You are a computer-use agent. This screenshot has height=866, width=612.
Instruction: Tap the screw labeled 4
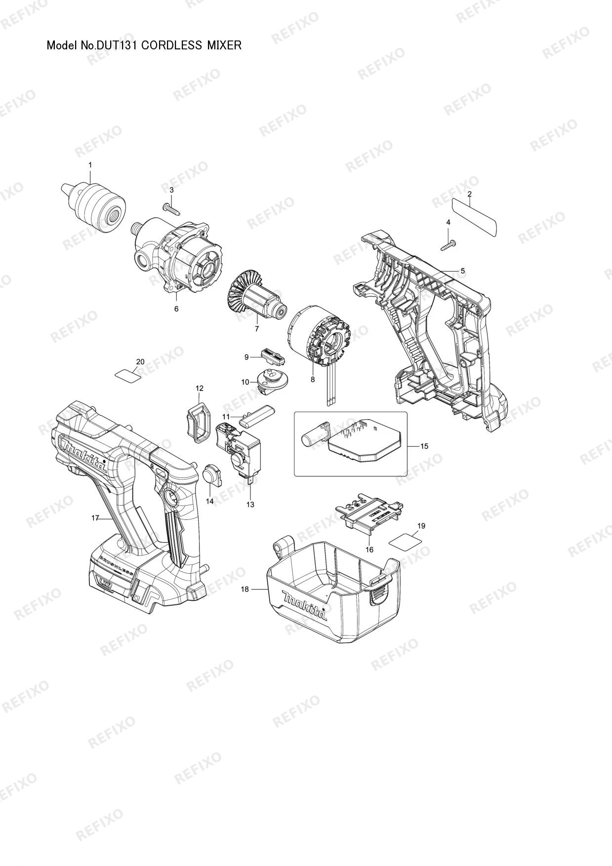click(x=449, y=244)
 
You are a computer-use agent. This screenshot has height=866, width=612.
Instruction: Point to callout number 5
click(x=463, y=271)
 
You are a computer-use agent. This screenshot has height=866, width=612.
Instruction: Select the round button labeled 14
click(x=213, y=475)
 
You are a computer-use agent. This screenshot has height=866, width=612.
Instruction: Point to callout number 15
click(x=424, y=446)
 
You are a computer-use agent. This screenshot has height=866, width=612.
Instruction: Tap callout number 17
click(x=95, y=518)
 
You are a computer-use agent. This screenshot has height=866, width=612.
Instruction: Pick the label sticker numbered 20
click(x=127, y=375)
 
